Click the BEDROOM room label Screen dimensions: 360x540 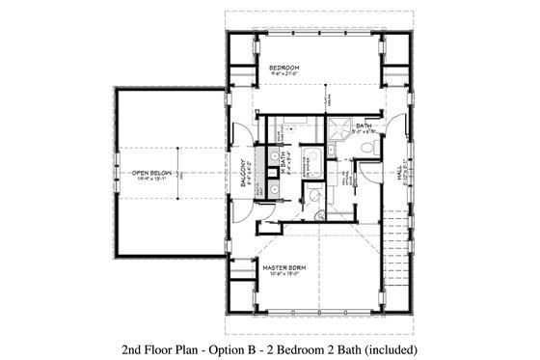[286, 66]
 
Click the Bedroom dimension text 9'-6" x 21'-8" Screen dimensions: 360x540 [286, 73]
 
